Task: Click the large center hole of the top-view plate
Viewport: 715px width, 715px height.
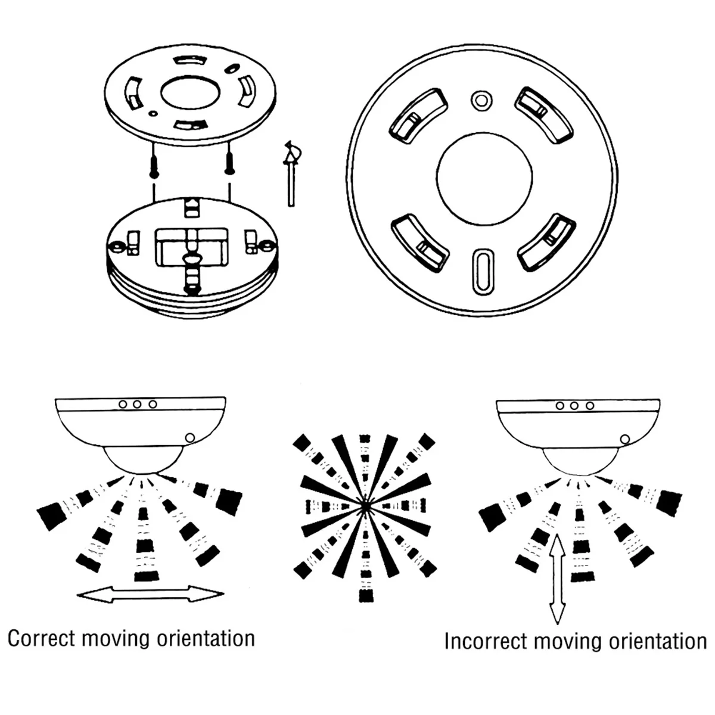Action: pyautogui.click(x=484, y=178)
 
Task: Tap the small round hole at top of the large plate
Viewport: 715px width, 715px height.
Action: pyautogui.click(x=481, y=100)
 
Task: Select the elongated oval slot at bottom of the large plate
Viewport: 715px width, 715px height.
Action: pyautogui.click(x=483, y=272)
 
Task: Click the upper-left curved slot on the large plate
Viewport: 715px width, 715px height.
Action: pyautogui.click(x=418, y=116)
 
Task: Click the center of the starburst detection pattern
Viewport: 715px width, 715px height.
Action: pyautogui.click(x=365, y=506)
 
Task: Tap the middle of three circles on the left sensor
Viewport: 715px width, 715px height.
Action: pyautogui.click(x=137, y=404)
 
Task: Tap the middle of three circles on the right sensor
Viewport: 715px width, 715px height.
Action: pyautogui.click(x=574, y=406)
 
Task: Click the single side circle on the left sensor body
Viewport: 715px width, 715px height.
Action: pyautogui.click(x=189, y=438)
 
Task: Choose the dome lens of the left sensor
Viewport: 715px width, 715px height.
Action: pyautogui.click(x=144, y=460)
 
